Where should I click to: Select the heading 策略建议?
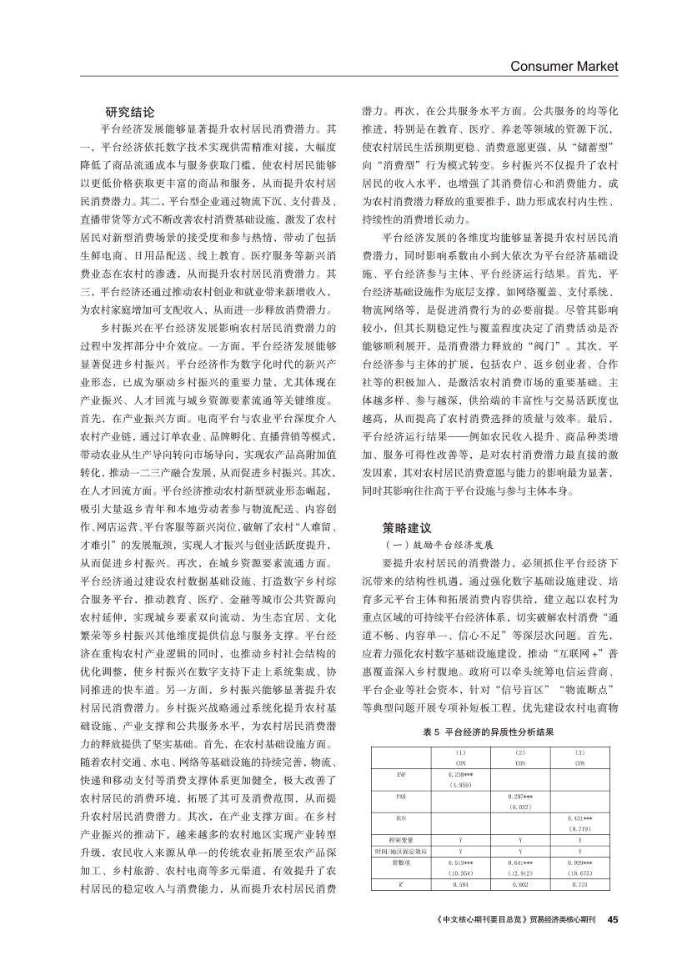(x=408, y=527)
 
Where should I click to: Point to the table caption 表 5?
(x=429, y=732)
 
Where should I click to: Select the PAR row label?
(x=400, y=796)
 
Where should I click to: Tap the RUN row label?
(x=400, y=819)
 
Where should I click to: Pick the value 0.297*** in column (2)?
(x=519, y=796)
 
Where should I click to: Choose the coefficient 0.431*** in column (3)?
(x=579, y=819)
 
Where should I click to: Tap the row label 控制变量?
(x=400, y=841)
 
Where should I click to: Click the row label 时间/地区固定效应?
(x=400, y=851)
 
